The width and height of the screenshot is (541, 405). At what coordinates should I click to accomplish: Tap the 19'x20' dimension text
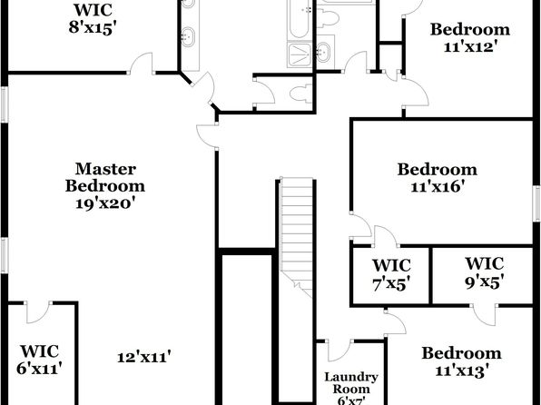pyautogui.click(x=104, y=203)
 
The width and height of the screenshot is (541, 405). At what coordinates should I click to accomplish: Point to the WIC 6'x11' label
pyautogui.click(x=39, y=360)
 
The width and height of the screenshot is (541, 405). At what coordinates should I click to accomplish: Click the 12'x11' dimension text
pyautogui.click(x=144, y=357)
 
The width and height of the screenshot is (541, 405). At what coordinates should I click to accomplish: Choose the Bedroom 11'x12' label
pyautogui.click(x=470, y=37)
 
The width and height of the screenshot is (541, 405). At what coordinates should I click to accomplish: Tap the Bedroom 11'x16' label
pyautogui.click(x=438, y=178)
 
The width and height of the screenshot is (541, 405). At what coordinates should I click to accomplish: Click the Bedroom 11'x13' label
pyautogui.click(x=462, y=361)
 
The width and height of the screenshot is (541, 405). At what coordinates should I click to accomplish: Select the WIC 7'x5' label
pyautogui.click(x=391, y=275)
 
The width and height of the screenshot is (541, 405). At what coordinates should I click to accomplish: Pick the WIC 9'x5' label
pyautogui.click(x=485, y=272)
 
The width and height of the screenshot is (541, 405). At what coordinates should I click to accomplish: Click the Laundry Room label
pyautogui.click(x=351, y=383)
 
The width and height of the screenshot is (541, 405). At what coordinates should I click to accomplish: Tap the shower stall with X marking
pyautogui.click(x=300, y=54)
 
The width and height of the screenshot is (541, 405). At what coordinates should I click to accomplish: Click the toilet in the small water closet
pyautogui.click(x=300, y=94)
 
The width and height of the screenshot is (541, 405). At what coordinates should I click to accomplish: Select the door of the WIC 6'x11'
pyautogui.click(x=38, y=312)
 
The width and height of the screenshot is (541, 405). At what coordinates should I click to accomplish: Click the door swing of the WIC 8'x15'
pyautogui.click(x=141, y=64)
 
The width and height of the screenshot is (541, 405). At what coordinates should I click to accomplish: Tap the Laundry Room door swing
pyautogui.click(x=340, y=351)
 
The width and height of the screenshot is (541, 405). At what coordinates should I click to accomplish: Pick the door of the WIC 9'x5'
pyautogui.click(x=485, y=315)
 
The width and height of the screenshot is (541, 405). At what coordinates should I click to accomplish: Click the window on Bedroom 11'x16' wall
pyautogui.click(x=536, y=203)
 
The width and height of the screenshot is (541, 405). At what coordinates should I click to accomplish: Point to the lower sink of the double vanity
pyautogui.click(x=188, y=36)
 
